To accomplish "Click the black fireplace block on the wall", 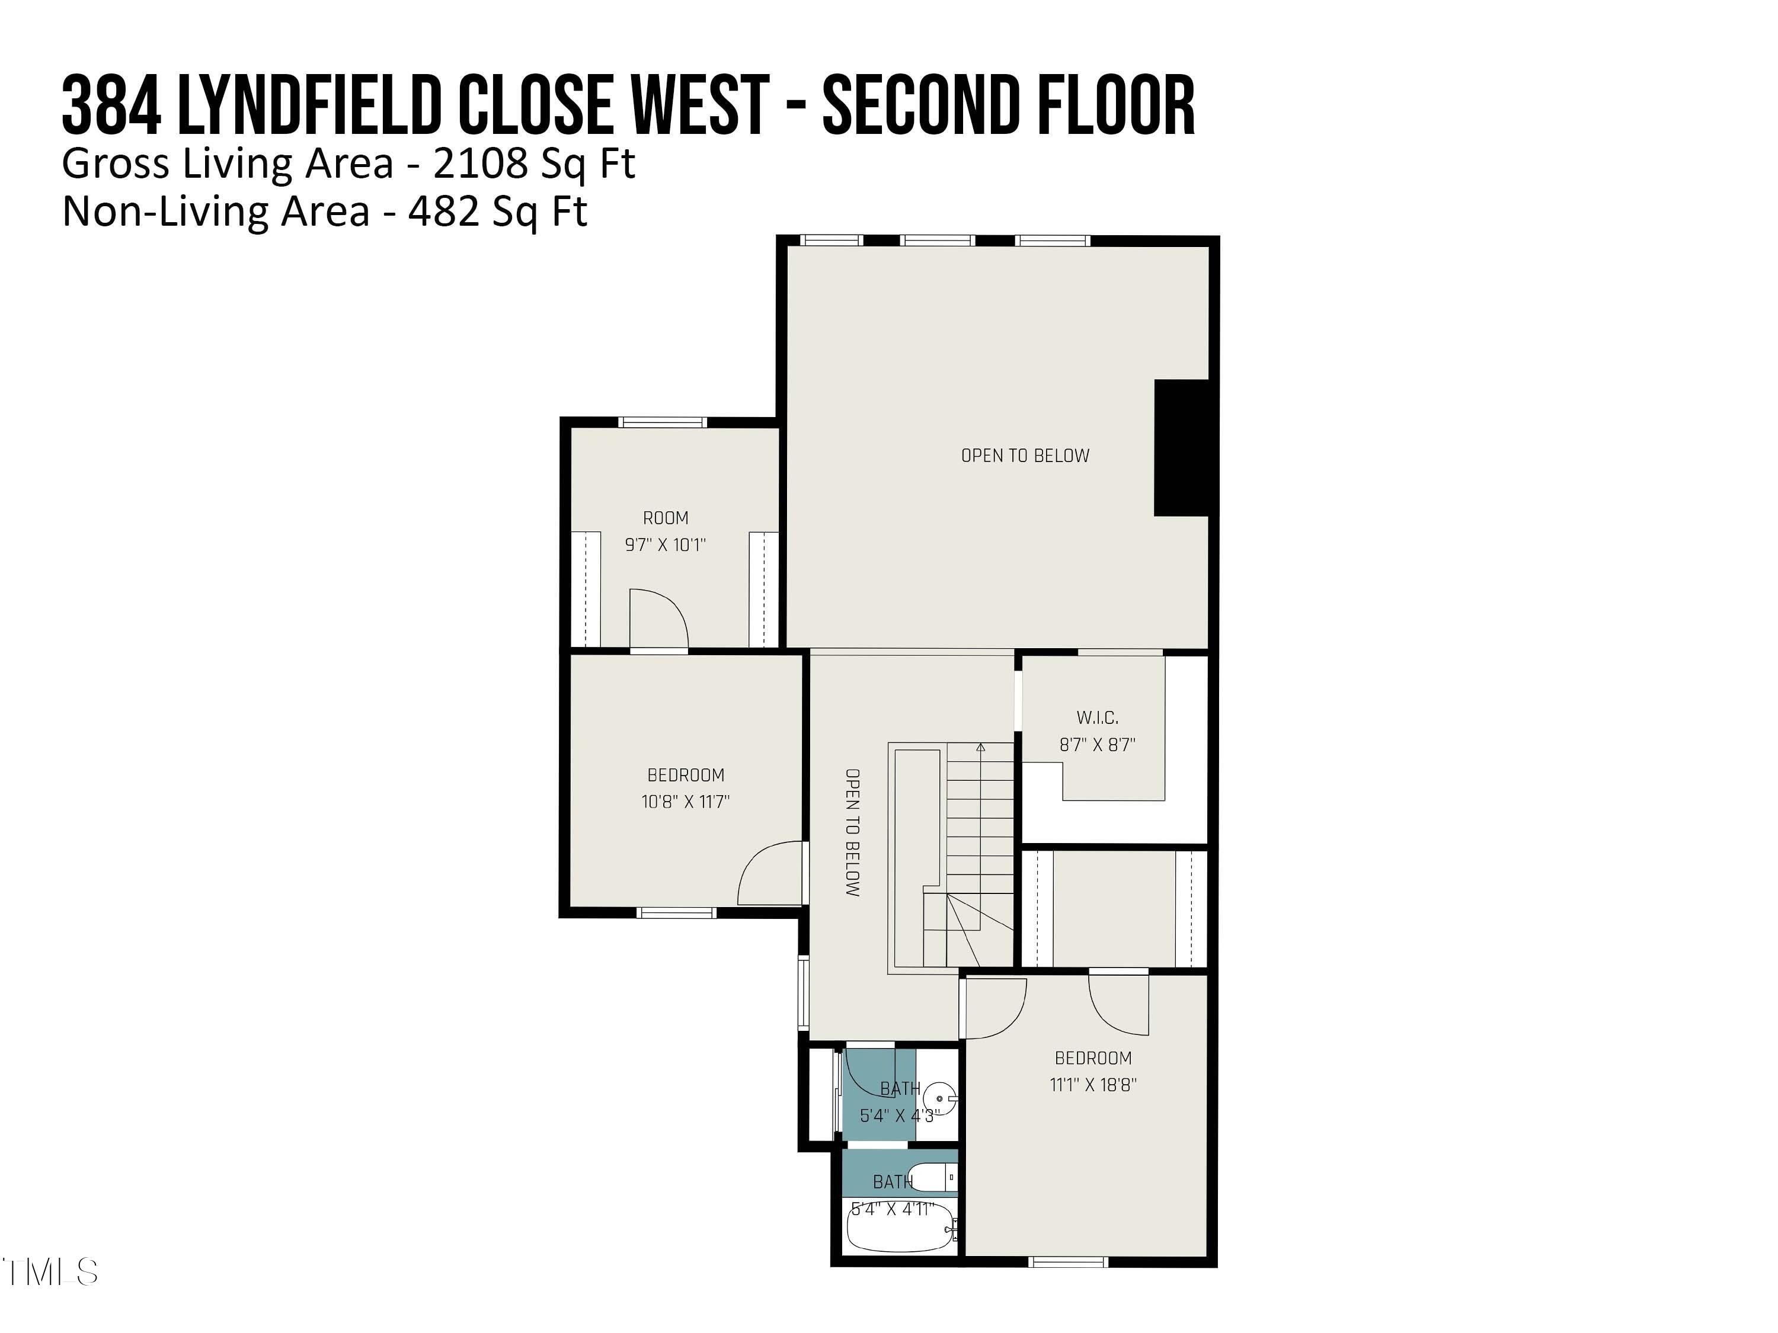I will pyautogui.click(x=1181, y=447).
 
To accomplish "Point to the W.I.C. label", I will pyautogui.click(x=1097, y=717).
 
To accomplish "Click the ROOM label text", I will pyautogui.click(x=666, y=518).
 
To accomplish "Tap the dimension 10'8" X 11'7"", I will pyautogui.click(x=686, y=801).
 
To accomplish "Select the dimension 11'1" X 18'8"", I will pyautogui.click(x=1093, y=1085).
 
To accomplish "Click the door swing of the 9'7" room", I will pyautogui.click(x=657, y=618).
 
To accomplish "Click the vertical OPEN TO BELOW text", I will pyautogui.click(x=853, y=832).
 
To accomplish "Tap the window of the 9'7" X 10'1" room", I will pyautogui.click(x=663, y=422).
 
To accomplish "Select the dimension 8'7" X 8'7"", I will pyautogui.click(x=1097, y=745).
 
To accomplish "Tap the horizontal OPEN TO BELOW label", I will pyautogui.click(x=1025, y=456).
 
